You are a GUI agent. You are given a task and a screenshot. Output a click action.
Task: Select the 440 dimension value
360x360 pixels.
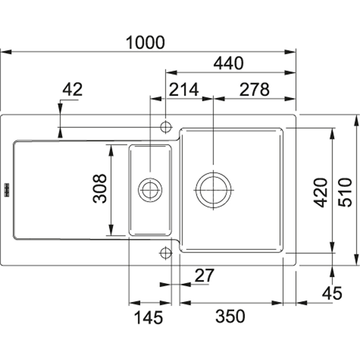[x=228, y=64]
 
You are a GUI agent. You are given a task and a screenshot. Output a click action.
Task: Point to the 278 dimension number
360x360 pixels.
[x=254, y=90]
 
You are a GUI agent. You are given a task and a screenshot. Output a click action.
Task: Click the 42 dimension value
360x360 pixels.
[x=72, y=90]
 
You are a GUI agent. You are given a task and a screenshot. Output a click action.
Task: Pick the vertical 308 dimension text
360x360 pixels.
[x=100, y=189]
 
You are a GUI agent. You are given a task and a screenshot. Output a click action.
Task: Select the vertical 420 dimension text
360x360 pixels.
[x=321, y=192]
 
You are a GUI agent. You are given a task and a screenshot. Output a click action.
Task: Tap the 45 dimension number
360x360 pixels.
[x=332, y=293]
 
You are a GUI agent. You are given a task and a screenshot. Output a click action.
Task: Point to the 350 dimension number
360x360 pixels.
[x=230, y=317]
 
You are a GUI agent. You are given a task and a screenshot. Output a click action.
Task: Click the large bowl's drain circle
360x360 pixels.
[x=213, y=190]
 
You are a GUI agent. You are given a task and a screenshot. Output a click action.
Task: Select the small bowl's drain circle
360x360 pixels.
[x=150, y=190]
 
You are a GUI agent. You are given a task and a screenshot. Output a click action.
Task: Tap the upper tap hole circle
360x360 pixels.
[x=166, y=126]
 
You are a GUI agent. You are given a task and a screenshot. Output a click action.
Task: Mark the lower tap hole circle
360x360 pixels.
[x=166, y=252]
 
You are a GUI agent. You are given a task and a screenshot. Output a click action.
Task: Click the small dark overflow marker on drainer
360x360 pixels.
[x=7, y=189]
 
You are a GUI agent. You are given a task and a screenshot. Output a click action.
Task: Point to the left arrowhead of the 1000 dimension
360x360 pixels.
[x=4, y=52]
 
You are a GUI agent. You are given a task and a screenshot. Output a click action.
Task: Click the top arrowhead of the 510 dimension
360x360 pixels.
[x=356, y=119]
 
